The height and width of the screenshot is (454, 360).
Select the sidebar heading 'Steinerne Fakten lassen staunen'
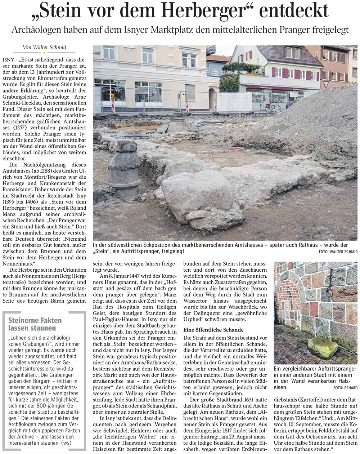tap(35, 324)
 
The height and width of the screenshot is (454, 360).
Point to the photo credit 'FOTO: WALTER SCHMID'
tap(338, 252)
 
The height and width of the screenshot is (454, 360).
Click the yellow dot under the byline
tap(44, 53)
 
